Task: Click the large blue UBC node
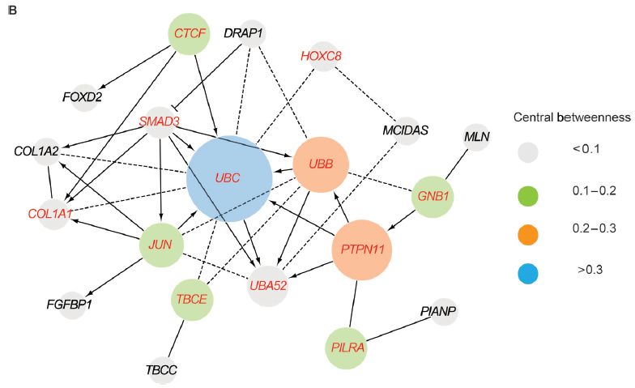point(228,179)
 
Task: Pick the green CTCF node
point(190,34)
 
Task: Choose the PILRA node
point(347,348)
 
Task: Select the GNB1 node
point(433,196)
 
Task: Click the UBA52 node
point(268,285)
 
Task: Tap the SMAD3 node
point(159,122)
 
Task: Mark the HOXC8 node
point(322,56)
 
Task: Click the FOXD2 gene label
point(82,97)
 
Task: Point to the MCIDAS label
point(405,130)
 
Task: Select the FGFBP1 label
point(70,305)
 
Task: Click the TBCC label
point(161,371)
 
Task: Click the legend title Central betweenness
point(572,118)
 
